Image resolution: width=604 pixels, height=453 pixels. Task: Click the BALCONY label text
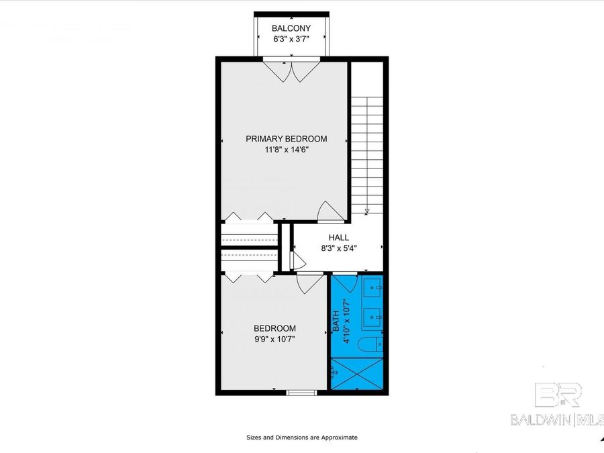click(x=291, y=28)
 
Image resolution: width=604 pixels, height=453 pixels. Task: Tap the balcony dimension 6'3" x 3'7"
click(x=291, y=40)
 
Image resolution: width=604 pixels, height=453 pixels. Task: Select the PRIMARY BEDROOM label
click(x=286, y=139)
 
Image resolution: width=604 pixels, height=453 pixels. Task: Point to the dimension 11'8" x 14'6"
click(x=286, y=150)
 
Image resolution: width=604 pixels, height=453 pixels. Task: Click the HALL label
click(x=338, y=238)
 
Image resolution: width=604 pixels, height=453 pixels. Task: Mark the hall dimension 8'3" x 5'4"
click(x=338, y=248)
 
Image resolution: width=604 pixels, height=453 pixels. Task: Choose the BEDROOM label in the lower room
click(x=274, y=328)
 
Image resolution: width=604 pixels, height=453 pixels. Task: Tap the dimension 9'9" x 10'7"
click(x=274, y=340)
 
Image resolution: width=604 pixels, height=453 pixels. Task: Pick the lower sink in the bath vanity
click(x=373, y=314)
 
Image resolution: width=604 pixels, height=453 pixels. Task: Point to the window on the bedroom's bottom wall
click(x=300, y=392)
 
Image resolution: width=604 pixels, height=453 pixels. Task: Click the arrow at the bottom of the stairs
click(x=366, y=211)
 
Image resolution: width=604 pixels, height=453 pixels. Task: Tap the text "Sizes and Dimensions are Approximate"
click(x=301, y=438)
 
